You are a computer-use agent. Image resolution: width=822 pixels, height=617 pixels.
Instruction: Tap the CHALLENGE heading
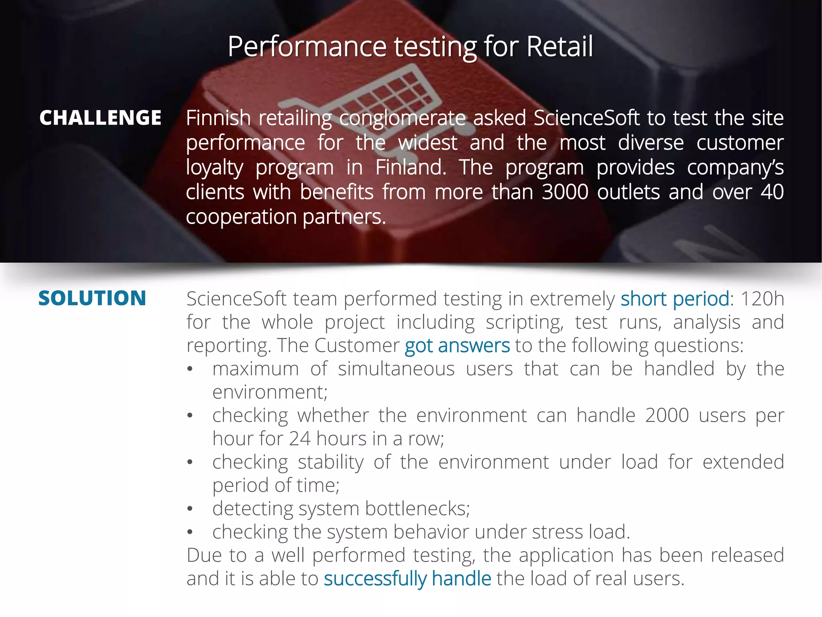pos(100,118)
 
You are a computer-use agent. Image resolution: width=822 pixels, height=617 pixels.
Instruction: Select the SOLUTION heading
pos(92,298)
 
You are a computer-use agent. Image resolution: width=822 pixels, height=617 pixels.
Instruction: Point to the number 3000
pos(565,192)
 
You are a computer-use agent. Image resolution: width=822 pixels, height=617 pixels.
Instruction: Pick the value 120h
pos(762,299)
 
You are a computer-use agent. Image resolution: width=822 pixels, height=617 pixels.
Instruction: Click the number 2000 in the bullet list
pos(667,415)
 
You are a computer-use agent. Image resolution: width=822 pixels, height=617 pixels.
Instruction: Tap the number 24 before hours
pos(299,439)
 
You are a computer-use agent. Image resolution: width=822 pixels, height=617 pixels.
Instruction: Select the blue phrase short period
pos(675,299)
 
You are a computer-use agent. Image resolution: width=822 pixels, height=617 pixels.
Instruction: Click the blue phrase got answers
pos(457,346)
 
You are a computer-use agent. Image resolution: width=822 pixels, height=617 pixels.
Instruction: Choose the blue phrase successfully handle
pos(407,579)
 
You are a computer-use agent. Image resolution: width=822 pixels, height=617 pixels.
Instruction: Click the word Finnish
pos(218,118)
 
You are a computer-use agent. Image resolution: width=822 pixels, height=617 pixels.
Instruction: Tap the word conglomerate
pos(402,118)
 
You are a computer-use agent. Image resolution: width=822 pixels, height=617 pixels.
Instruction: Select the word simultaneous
pos(396,369)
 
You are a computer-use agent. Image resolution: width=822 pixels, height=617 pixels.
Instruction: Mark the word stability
pos(330,462)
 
